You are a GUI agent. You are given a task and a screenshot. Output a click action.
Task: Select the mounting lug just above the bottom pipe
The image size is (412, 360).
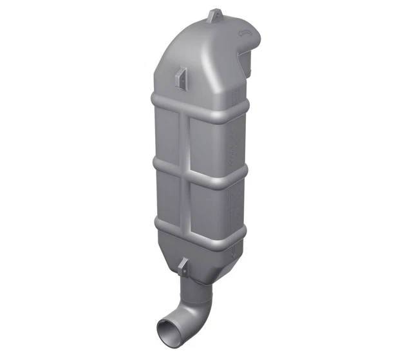[x=183, y=264]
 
